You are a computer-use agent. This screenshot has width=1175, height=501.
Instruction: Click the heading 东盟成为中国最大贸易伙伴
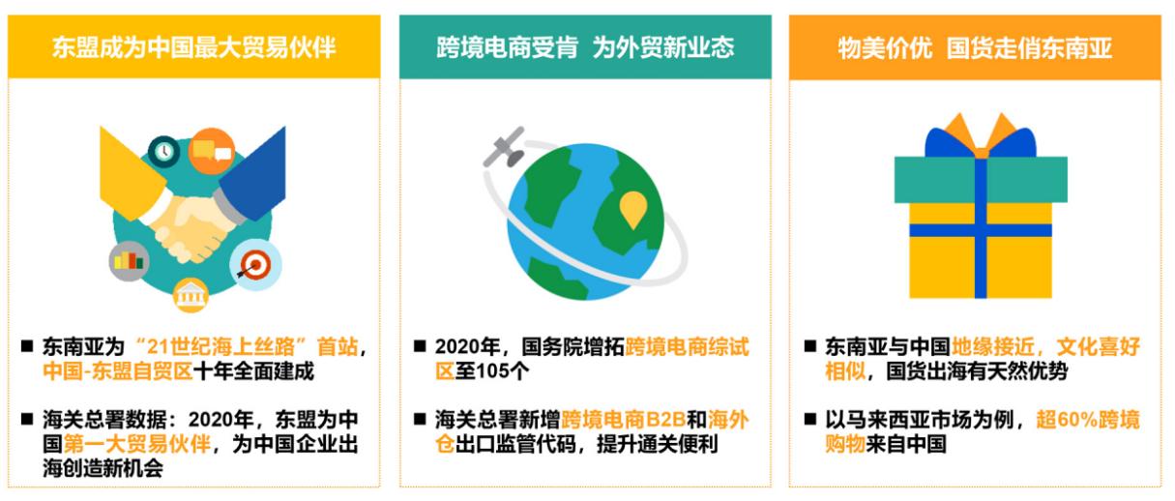click(194, 46)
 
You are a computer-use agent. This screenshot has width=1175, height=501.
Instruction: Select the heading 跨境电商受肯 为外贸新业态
click(585, 46)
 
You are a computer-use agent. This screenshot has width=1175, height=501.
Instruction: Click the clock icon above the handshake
click(164, 151)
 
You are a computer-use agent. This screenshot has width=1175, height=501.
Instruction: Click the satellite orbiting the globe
click(503, 146)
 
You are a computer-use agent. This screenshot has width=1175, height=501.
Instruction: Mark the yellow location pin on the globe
click(632, 209)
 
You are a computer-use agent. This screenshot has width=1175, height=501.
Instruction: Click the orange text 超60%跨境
click(1087, 420)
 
